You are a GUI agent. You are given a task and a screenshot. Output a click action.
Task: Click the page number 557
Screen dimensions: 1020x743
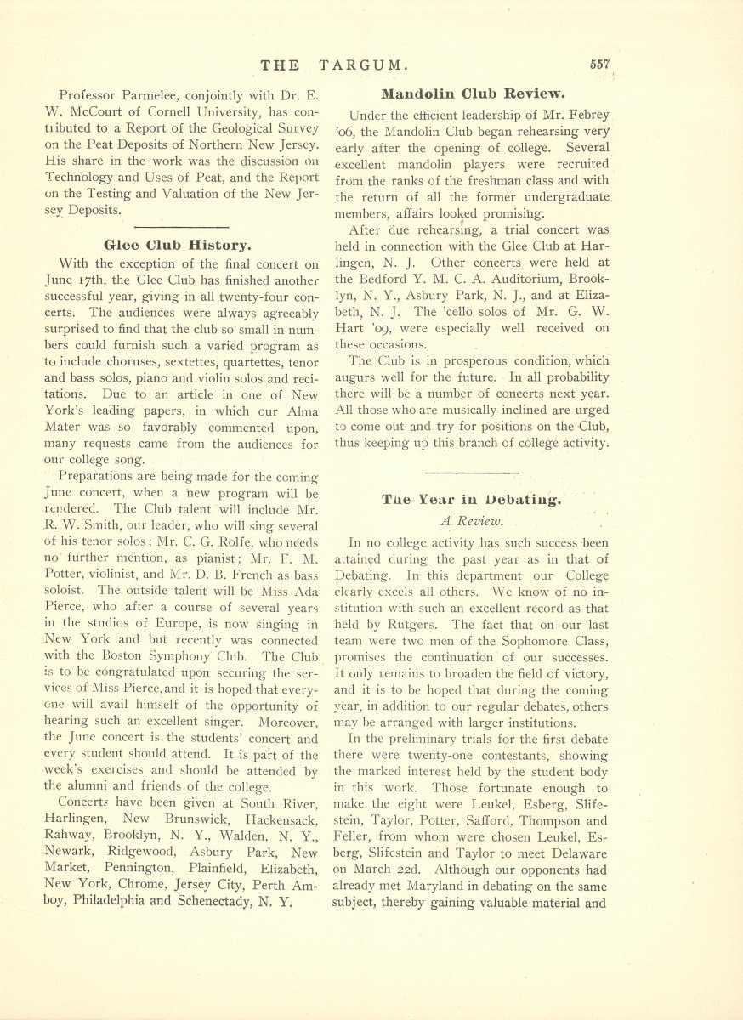[600, 65]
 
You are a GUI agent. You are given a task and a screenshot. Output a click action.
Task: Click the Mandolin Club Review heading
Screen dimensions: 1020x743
[474, 93]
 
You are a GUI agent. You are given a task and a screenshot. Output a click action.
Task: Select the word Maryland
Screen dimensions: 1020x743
[447, 887]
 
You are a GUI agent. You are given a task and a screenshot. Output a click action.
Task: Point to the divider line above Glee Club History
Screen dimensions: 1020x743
[181, 227]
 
